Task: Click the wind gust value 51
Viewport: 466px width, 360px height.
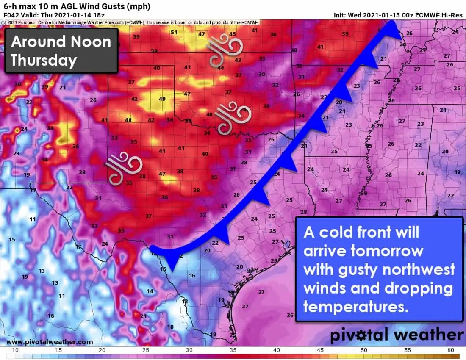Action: (174, 33)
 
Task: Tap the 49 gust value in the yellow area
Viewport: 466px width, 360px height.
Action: (162, 99)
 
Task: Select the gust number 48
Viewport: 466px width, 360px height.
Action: (128, 120)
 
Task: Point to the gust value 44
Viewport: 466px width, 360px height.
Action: (220, 68)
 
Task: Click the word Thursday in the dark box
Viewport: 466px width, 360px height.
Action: (44, 60)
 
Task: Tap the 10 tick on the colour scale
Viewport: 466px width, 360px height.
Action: (15, 350)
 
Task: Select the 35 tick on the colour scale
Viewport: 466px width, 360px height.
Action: (233, 350)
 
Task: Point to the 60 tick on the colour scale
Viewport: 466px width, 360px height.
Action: (450, 350)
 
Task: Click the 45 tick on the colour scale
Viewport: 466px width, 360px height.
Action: (320, 350)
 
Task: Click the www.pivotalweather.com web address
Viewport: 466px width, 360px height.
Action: (50, 342)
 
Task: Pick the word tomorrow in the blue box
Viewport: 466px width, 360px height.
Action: (387, 251)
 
